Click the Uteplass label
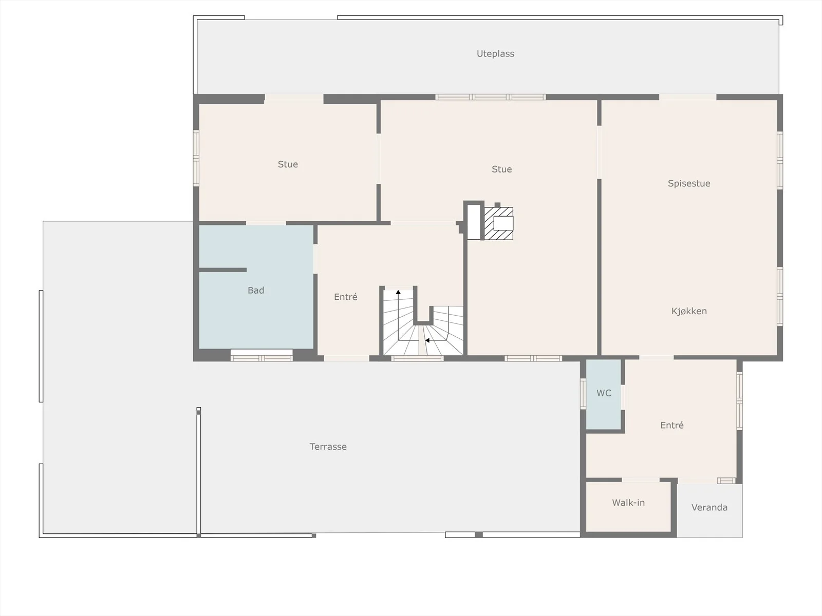[x=495, y=54]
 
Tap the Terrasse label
[x=328, y=447]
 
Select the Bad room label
[x=256, y=290]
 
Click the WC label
[x=604, y=393]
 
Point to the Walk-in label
[x=628, y=503]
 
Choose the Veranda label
[x=709, y=508]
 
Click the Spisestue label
[x=689, y=183]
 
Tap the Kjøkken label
[x=689, y=311]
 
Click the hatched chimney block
[x=498, y=223]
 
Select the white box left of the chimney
[x=474, y=222]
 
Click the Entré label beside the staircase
[x=346, y=297]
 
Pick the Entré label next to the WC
[x=672, y=425]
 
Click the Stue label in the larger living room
[x=501, y=169]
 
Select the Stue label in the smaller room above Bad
[x=288, y=165]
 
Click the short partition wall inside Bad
[x=223, y=269]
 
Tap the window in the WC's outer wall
[x=583, y=393]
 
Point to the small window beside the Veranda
[x=726, y=480]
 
